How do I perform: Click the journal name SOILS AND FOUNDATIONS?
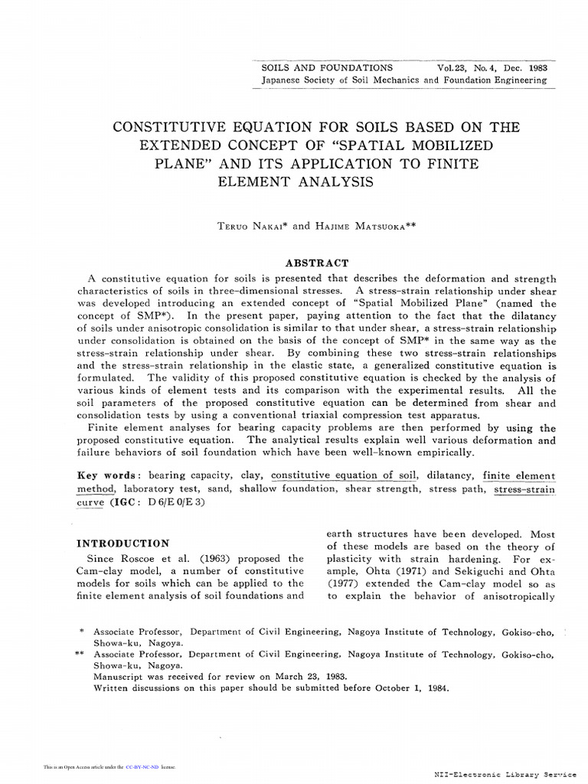(327, 67)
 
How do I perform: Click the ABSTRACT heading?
(317, 263)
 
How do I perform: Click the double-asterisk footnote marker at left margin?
(80, 655)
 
